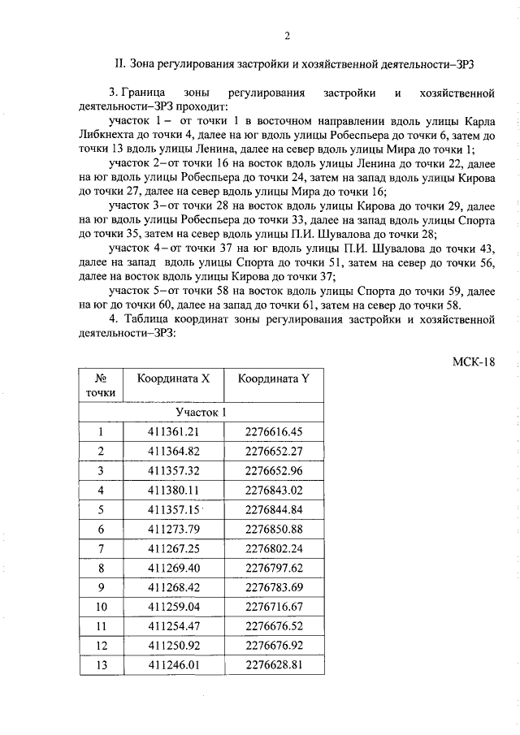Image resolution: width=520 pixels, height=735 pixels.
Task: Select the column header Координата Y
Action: coord(273,378)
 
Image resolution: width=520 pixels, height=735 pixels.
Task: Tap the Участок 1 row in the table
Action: coord(201,412)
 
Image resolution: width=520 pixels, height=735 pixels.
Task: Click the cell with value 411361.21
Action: coord(173,431)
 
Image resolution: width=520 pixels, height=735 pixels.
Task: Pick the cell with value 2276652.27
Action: coord(273,451)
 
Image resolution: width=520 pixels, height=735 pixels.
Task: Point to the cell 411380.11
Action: coord(173,490)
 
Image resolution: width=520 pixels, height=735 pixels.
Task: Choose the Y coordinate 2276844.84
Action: coord(273,509)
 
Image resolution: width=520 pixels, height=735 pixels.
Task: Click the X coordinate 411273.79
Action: coord(173,529)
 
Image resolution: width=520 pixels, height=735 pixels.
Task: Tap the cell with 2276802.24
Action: coord(273,548)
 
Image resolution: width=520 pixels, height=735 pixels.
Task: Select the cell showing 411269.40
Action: coord(173,568)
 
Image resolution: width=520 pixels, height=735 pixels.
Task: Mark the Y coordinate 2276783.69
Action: coord(273,587)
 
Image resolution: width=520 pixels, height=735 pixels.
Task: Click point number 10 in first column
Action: coord(102,607)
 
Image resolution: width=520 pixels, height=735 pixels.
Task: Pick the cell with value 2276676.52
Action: coord(273,626)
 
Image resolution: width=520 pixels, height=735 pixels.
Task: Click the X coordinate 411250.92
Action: coord(173,646)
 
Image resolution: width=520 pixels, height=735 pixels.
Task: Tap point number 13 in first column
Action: coord(102,665)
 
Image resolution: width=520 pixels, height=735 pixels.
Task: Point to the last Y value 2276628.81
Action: coord(273,665)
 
